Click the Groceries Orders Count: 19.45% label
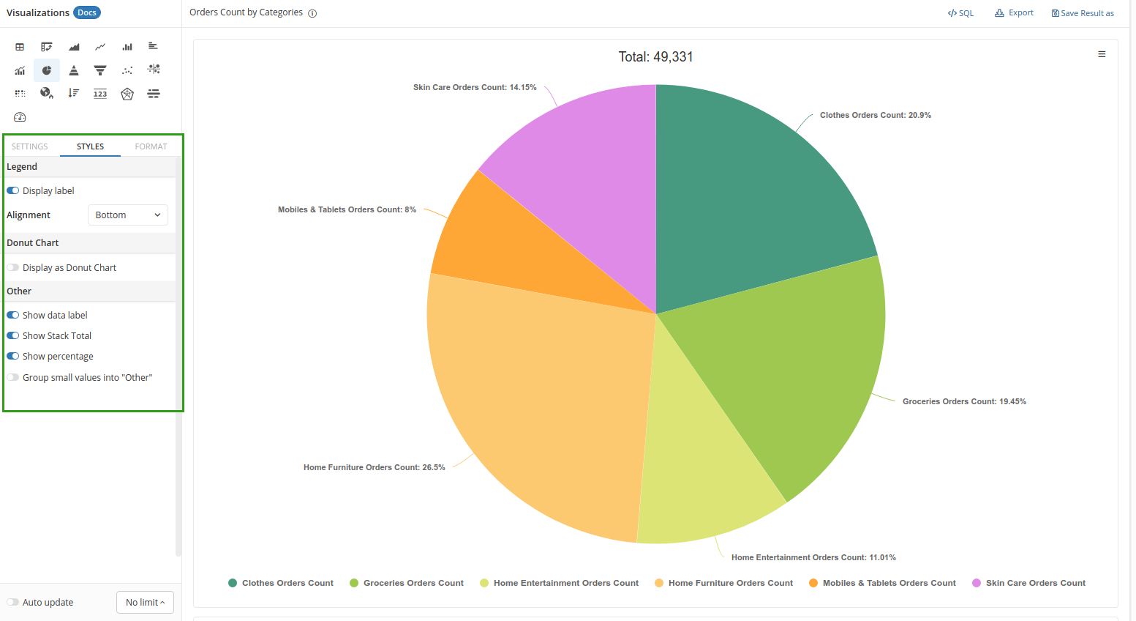point(964,401)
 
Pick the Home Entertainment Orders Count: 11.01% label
point(813,557)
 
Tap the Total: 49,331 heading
point(655,57)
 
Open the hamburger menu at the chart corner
point(1102,54)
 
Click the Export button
point(1015,13)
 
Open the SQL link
point(961,13)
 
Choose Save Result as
point(1083,13)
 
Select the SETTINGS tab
point(30,146)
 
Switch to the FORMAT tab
point(151,146)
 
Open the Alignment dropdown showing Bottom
point(128,215)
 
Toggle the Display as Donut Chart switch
point(13,268)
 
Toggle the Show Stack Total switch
point(13,336)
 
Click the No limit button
point(145,602)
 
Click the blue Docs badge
point(87,12)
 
